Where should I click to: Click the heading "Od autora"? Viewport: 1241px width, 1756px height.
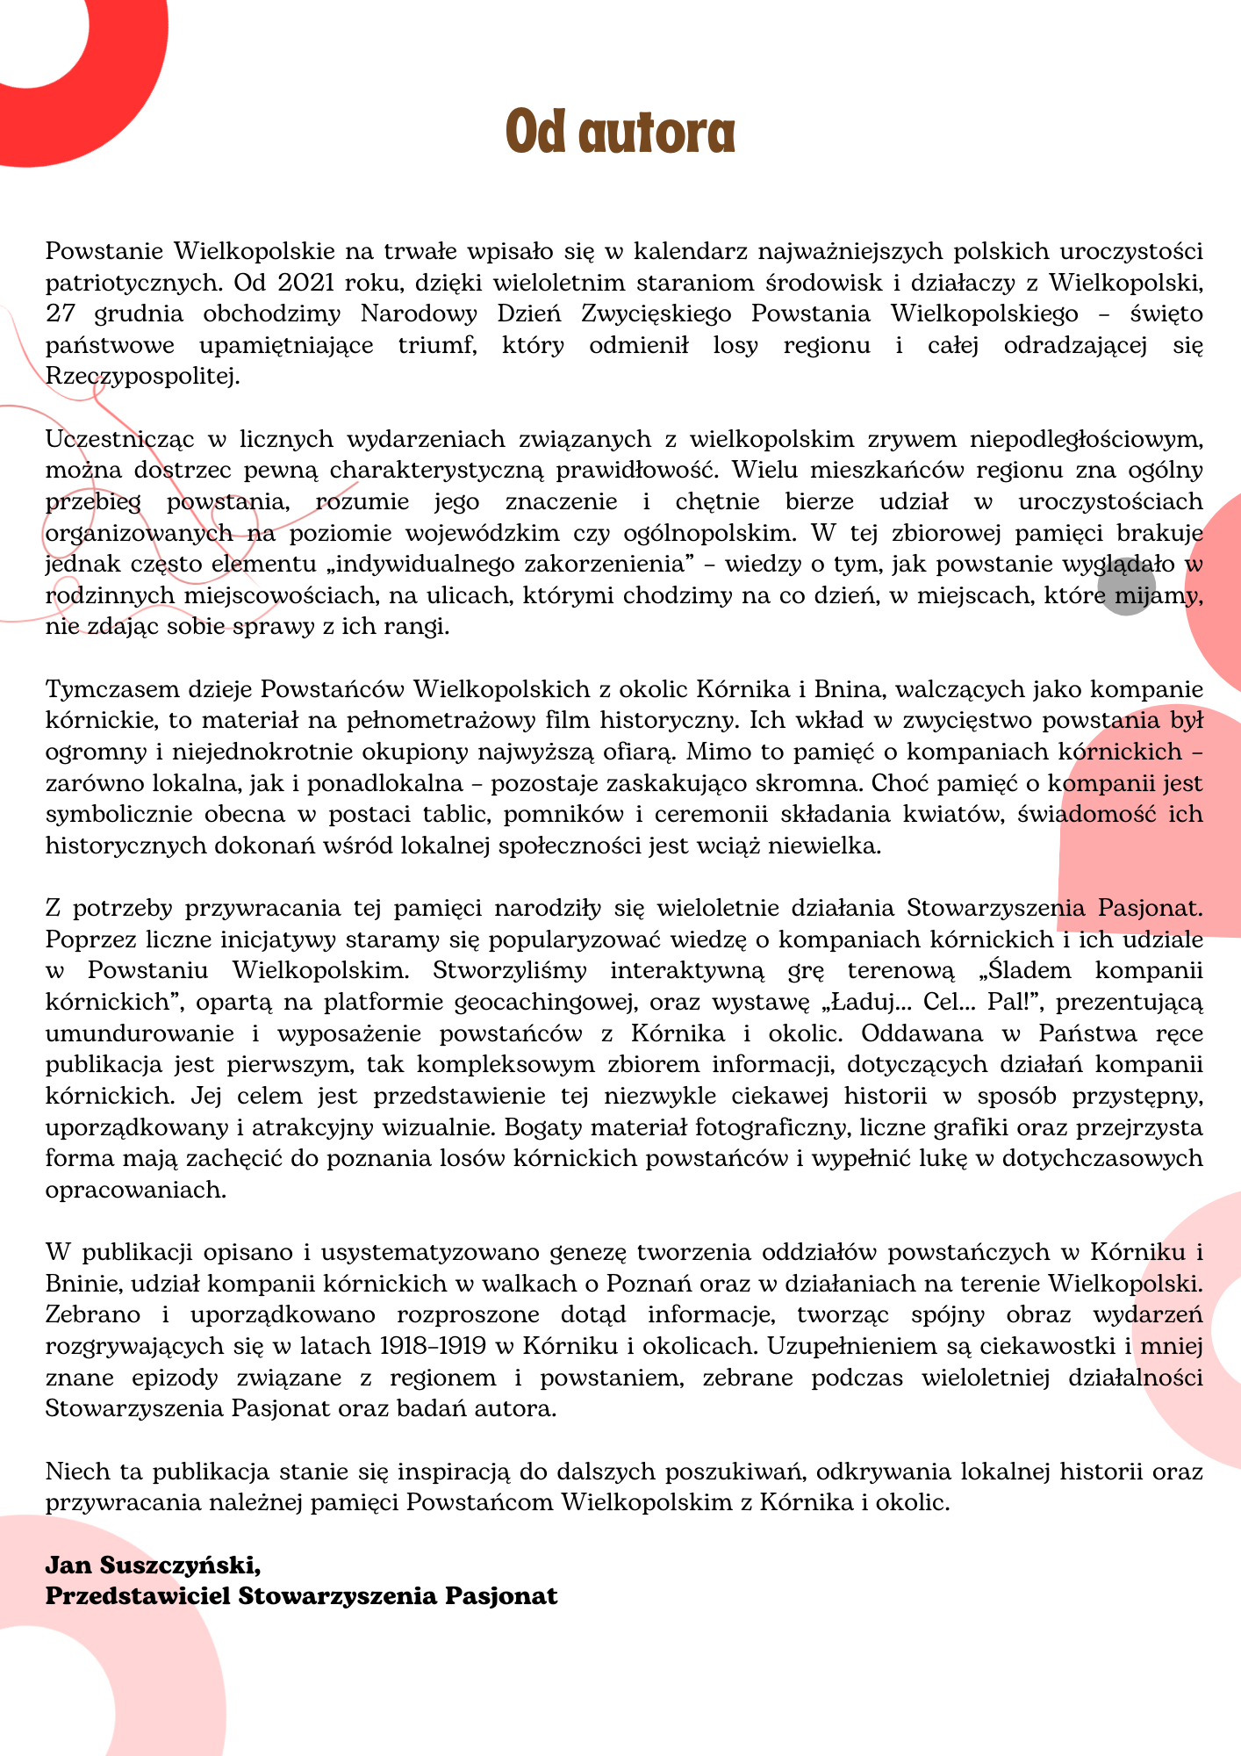(620, 133)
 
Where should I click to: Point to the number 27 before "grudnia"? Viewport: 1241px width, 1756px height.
(61, 314)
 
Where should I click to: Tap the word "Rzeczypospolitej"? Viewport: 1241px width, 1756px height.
(141, 378)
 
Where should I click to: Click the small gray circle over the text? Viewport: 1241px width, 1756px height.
(1126, 586)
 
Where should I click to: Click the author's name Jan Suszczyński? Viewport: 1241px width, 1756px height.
(153, 1565)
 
